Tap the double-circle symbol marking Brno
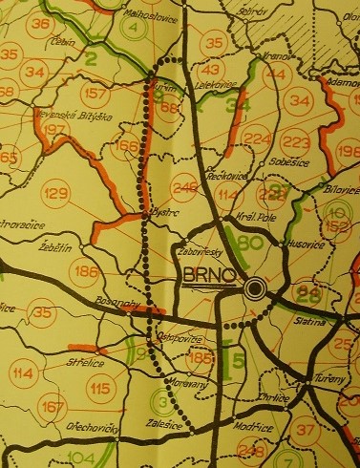255,288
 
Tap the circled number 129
56,194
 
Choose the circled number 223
297,141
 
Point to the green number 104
81,459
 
